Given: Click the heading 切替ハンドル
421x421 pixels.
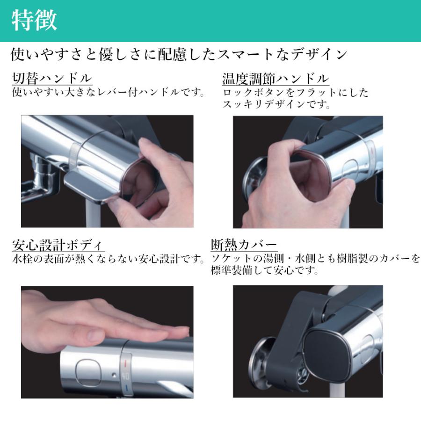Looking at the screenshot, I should tap(52, 78).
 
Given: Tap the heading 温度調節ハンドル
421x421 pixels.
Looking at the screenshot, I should tap(276, 78).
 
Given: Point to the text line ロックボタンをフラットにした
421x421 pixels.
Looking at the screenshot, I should tap(295, 93).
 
